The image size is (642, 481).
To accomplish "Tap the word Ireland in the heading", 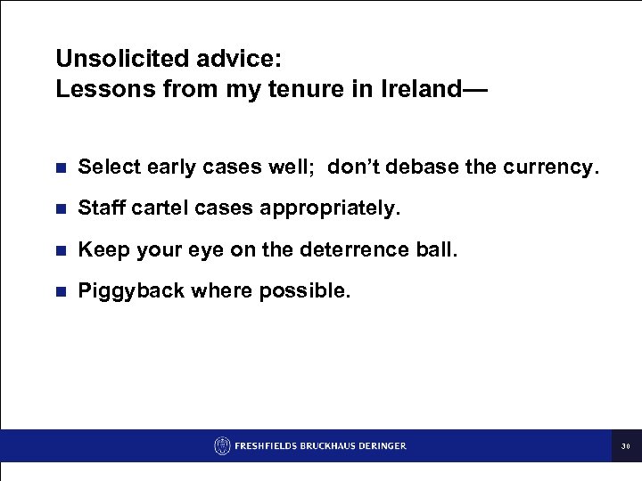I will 422,89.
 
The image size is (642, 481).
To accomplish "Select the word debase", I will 434,167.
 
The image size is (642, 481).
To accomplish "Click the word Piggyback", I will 126,291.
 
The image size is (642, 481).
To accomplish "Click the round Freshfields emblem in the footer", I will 222,445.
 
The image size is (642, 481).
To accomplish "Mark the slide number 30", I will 626,446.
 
